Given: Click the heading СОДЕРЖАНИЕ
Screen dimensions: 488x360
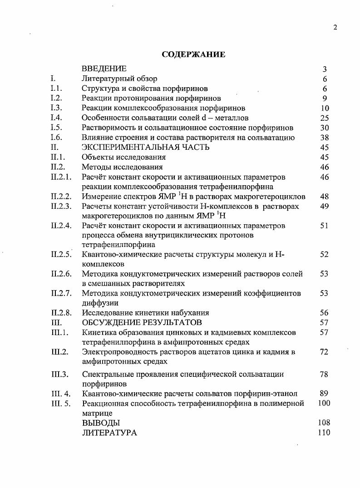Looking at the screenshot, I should [193, 54].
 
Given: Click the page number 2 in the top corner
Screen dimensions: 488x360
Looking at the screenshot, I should [335, 27].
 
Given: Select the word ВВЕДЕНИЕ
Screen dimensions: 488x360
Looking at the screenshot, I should [104, 69].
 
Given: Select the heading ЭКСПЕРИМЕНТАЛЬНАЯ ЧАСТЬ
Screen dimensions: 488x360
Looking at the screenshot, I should [145, 147].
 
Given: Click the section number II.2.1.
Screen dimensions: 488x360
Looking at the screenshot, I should [61, 177].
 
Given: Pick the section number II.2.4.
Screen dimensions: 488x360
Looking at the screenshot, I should [61, 226].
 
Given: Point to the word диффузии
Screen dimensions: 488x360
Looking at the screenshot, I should [100, 303].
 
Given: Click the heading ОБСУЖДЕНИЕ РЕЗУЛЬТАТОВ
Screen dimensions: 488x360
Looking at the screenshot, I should [142, 322].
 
